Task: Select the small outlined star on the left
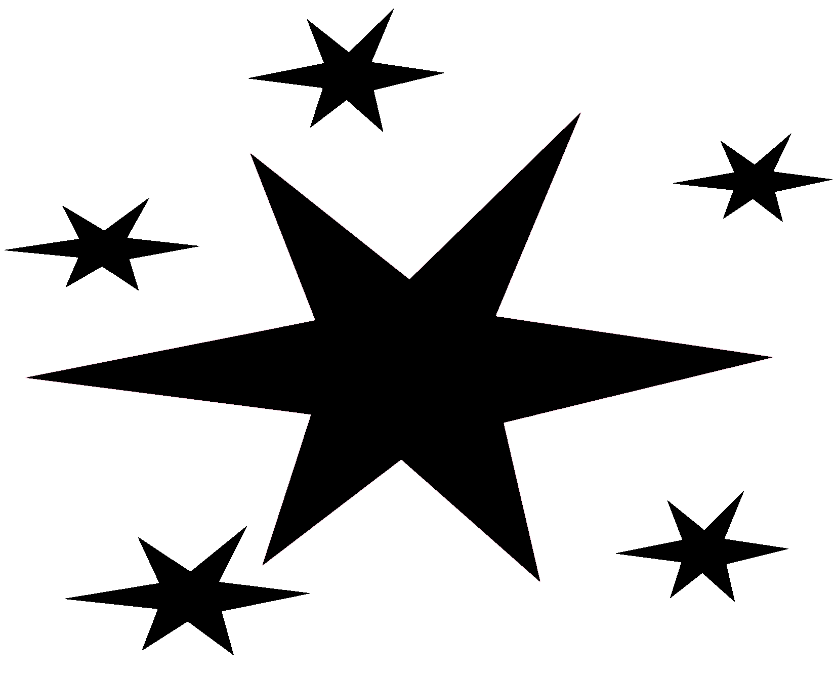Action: (x=104, y=248)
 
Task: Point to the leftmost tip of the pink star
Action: (x=26, y=377)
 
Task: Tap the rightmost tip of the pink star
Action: (x=773, y=357)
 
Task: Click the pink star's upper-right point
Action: (x=580, y=112)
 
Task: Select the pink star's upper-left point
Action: (x=251, y=153)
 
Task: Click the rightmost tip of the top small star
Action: (x=445, y=73)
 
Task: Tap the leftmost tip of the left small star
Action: (x=3, y=250)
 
